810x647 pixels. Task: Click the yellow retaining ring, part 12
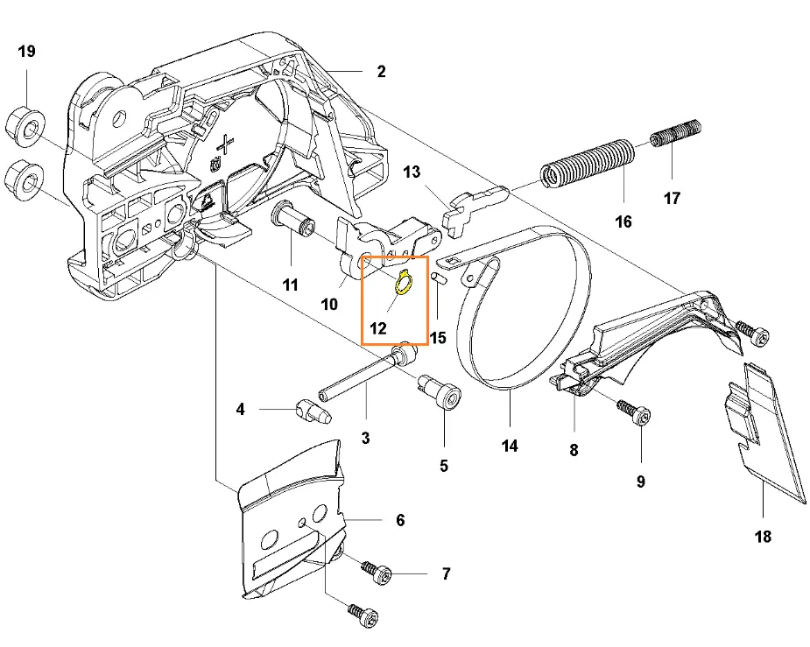[x=403, y=285]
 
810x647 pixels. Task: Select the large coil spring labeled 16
[x=587, y=163]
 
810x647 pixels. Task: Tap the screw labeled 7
[x=379, y=574]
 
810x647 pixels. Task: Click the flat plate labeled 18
[x=769, y=433]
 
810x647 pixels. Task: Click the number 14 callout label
[x=510, y=447]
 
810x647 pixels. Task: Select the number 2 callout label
[x=381, y=72]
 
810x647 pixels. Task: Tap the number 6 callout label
[x=400, y=520]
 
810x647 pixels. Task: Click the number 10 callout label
[x=329, y=305]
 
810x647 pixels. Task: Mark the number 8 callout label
[x=574, y=451]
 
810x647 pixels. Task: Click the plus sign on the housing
[x=228, y=144]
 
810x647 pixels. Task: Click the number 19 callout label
[x=27, y=52]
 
